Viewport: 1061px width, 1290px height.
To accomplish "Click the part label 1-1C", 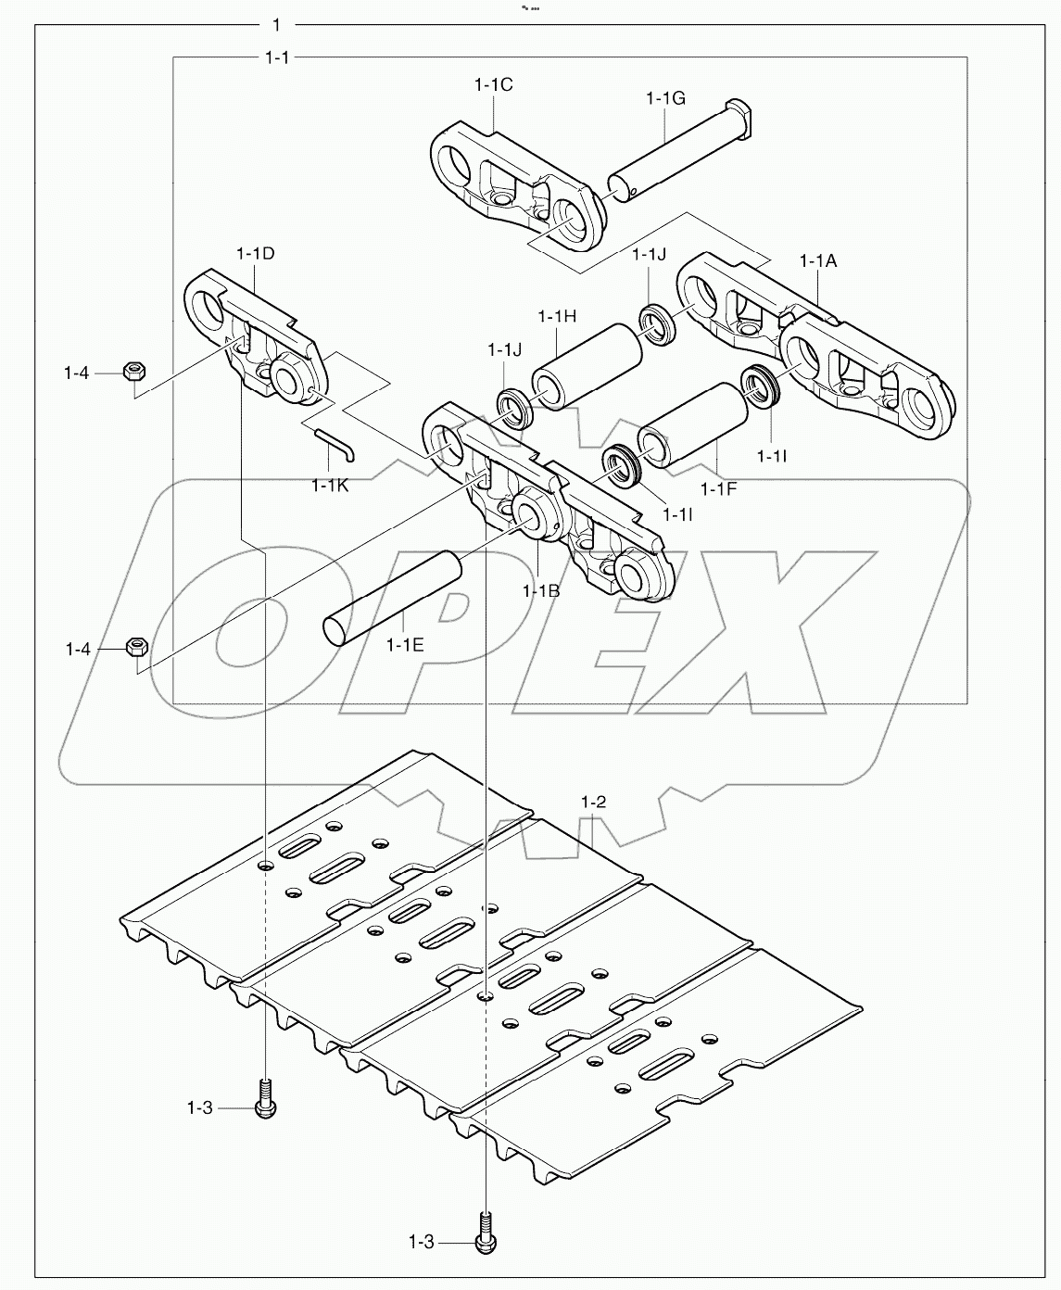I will (493, 84).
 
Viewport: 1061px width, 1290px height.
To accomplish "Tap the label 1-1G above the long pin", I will (665, 97).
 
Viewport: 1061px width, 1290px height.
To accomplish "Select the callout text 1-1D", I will (255, 253).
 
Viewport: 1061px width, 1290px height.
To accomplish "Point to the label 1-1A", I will (817, 261).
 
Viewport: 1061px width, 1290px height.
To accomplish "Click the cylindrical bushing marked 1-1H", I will (587, 365).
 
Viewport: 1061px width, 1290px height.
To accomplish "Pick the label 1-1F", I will (718, 489).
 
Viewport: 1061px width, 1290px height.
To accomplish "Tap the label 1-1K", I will (330, 485).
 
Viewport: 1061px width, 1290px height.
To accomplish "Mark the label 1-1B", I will (540, 590).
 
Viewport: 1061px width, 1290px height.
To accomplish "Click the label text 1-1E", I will (405, 645).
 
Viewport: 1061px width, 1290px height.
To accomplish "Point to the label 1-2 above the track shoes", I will (593, 801).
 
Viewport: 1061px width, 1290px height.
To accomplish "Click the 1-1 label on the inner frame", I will (276, 57).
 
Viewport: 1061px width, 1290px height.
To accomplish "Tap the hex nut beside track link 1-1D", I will (132, 373).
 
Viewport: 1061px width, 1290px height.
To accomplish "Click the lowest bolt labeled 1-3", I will (485, 1241).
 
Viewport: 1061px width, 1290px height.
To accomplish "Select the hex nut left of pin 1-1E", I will (135, 646).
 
